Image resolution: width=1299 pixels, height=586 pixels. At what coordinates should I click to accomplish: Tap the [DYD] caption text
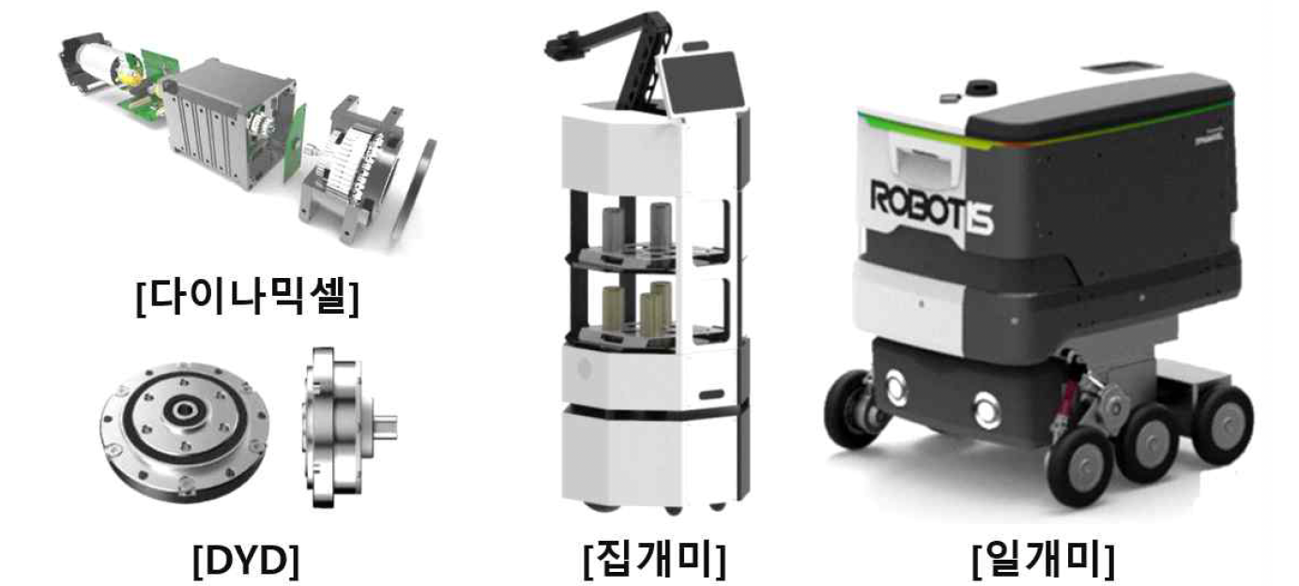point(246,561)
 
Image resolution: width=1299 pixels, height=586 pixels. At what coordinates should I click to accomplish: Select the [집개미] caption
point(654,561)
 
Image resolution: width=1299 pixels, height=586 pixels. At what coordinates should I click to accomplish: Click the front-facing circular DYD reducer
point(183,431)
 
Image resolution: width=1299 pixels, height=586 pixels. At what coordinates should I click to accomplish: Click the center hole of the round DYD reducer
point(182,412)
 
